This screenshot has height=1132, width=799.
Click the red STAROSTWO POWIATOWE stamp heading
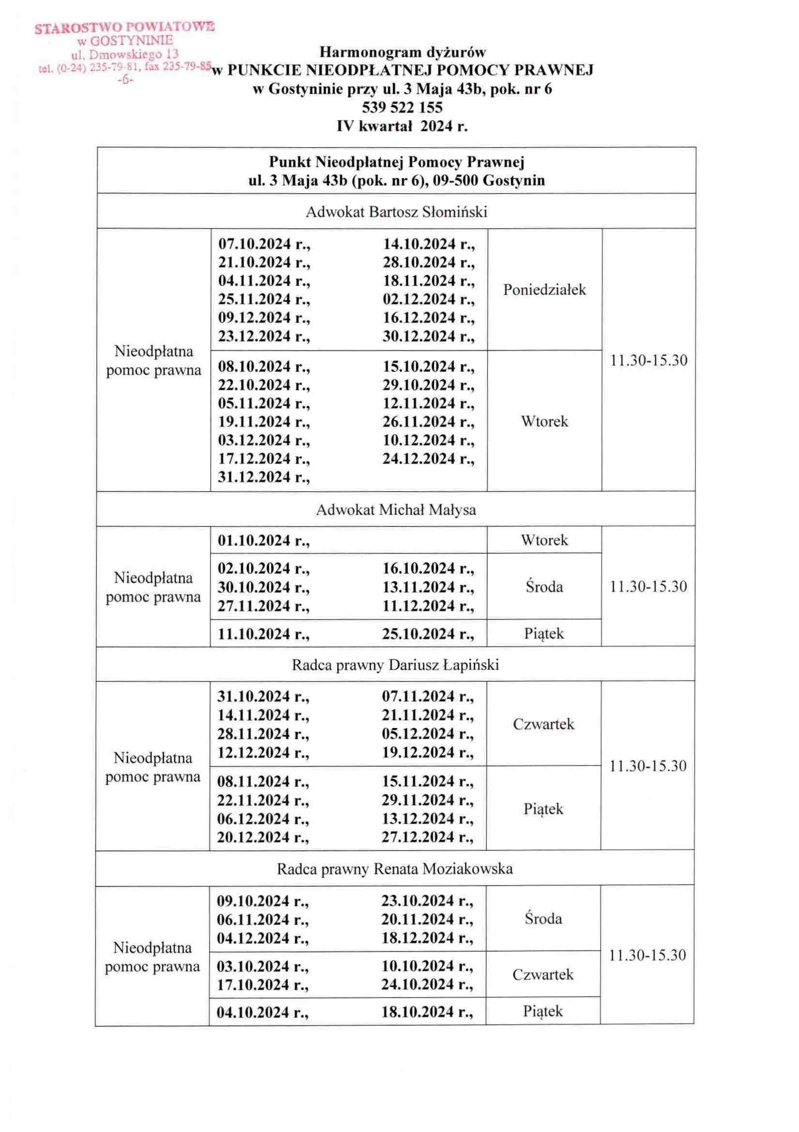tap(124, 28)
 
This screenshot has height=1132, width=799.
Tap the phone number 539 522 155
tap(402, 107)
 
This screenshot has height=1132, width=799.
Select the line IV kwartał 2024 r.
tap(402, 126)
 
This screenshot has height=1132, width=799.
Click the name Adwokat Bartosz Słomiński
tap(397, 212)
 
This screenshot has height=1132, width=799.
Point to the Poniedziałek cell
tap(544, 289)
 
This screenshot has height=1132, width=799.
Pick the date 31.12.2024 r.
tap(264, 477)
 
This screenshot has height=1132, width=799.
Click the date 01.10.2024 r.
tap(264, 541)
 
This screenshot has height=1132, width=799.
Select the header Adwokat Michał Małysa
tap(396, 509)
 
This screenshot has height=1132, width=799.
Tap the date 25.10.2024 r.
tap(428, 634)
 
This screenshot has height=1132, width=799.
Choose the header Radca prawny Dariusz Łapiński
tap(395, 665)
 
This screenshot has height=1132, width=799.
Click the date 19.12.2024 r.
tap(427, 752)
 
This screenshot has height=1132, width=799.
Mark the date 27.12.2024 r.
tap(427, 837)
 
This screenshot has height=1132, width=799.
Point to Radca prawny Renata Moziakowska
tap(395, 868)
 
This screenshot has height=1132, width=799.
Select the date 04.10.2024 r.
tap(263, 1012)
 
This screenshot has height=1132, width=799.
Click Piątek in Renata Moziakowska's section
tap(543, 1011)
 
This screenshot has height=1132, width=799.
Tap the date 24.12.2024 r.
tap(429, 458)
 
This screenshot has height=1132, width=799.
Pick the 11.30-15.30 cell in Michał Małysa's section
tap(648, 587)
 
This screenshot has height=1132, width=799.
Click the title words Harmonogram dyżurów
tap(403, 52)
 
